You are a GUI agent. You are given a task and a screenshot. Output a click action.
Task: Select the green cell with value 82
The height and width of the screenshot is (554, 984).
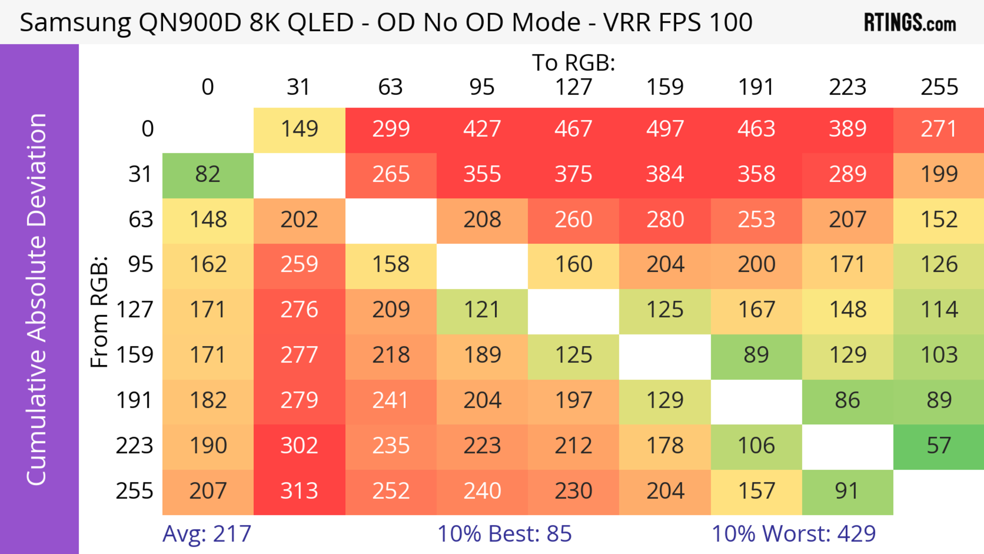[208, 175]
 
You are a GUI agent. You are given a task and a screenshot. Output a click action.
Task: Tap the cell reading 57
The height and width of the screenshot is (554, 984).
[939, 446]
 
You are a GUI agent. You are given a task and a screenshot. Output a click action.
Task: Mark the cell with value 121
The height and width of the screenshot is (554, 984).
[482, 310]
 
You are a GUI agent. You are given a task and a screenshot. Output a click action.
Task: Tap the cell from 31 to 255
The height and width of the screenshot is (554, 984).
[939, 175]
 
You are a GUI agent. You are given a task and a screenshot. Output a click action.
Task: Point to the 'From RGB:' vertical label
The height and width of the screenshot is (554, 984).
[99, 311]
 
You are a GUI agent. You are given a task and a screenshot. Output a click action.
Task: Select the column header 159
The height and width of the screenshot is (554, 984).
[665, 87]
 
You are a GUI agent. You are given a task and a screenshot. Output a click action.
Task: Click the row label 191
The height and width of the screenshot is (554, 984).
[135, 401]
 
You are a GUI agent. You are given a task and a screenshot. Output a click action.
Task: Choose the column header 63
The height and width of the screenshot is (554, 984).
[390, 87]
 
